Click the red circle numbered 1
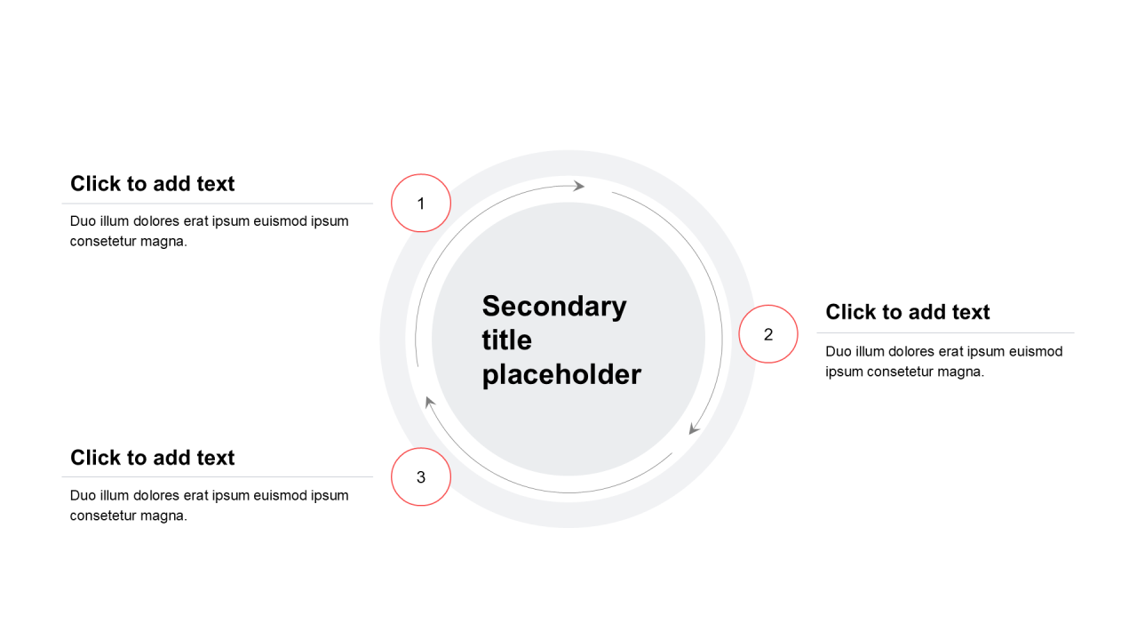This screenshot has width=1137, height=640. click(421, 204)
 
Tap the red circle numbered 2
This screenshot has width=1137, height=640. click(768, 334)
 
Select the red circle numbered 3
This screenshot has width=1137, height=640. click(421, 477)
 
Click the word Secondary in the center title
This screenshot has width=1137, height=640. click(554, 308)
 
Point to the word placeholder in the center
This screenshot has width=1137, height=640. click(561, 375)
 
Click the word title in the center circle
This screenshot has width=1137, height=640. click(507, 340)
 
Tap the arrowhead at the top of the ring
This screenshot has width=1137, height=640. click(578, 186)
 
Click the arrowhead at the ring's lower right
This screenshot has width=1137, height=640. click(694, 428)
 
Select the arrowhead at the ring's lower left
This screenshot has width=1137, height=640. click(430, 403)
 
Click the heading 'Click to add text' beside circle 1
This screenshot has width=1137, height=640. click(152, 184)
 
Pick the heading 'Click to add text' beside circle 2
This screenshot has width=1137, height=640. click(908, 312)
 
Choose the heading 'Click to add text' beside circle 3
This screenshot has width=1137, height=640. click(152, 458)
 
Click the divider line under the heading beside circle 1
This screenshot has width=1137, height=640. click(218, 204)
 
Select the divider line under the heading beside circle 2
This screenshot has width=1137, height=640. click(946, 333)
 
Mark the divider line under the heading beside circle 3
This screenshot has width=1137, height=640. click(218, 477)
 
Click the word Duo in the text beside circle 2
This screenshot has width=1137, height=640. click(838, 351)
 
